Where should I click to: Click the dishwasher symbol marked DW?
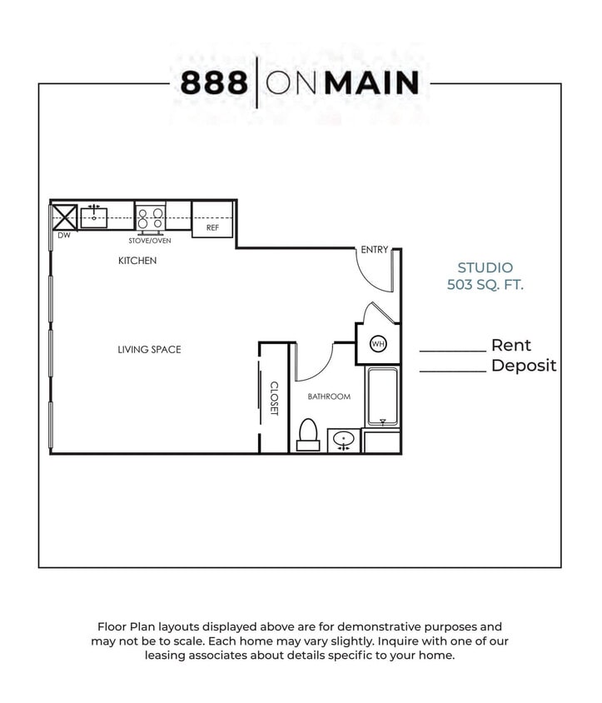coord(64,217)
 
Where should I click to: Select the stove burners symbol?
coord(150,218)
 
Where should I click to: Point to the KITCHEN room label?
coord(137,261)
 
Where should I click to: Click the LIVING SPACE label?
coord(149,350)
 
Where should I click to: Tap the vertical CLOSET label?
coord(274,399)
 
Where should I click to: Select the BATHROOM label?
coord(329,396)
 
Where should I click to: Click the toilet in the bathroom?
coord(308,434)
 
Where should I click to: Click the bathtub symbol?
coord(382,397)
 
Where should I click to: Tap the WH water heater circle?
coord(378,344)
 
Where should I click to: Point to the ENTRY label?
coord(374,250)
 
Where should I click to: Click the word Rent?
coord(510,346)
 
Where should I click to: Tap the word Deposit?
coord(523,366)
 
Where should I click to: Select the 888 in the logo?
coord(214,82)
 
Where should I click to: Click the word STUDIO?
coord(485,268)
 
